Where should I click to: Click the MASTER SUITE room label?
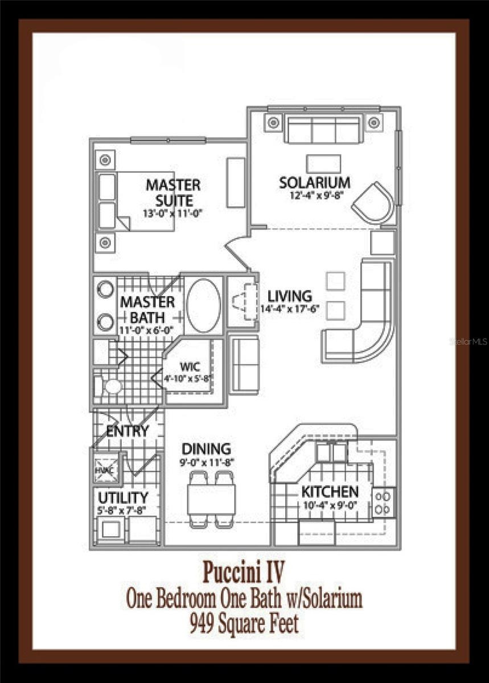173,193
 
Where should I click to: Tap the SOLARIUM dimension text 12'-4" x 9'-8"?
317,195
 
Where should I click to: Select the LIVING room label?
290,296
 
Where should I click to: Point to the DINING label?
206,449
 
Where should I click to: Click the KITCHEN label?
330,492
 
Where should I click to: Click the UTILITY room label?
123,498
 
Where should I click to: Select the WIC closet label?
190,366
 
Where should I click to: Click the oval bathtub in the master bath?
203,305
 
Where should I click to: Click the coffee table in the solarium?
323,164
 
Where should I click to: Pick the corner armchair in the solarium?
373,203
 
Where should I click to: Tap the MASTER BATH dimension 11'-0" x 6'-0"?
146,330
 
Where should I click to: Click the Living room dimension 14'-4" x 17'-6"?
290,308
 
